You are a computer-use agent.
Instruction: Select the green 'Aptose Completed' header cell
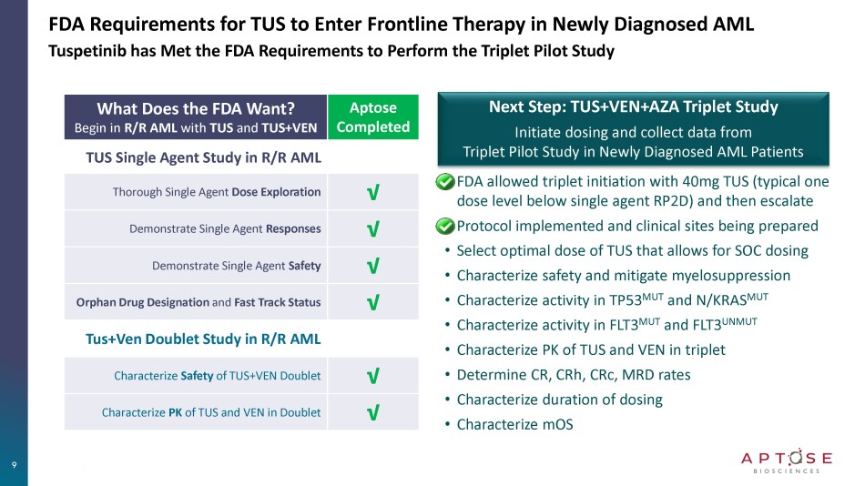click(373, 117)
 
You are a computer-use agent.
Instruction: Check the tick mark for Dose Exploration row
click(372, 193)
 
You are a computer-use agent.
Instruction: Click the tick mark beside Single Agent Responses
click(372, 229)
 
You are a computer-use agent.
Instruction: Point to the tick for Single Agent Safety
click(372, 266)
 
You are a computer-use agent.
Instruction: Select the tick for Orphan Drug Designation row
click(372, 302)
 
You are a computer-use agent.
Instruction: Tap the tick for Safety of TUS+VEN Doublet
click(372, 376)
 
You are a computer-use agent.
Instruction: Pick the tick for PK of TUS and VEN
click(372, 413)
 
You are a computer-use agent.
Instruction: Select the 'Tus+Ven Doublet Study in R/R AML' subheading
click(203, 339)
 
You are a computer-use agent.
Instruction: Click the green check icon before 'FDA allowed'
click(445, 183)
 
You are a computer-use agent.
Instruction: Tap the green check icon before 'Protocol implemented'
click(445, 226)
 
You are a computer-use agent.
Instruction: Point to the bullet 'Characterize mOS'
click(514, 424)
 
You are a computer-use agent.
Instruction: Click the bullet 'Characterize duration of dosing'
click(559, 400)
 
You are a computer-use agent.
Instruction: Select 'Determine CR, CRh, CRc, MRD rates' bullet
click(573, 374)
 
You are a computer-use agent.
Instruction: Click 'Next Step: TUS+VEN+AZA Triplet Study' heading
click(634, 106)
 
